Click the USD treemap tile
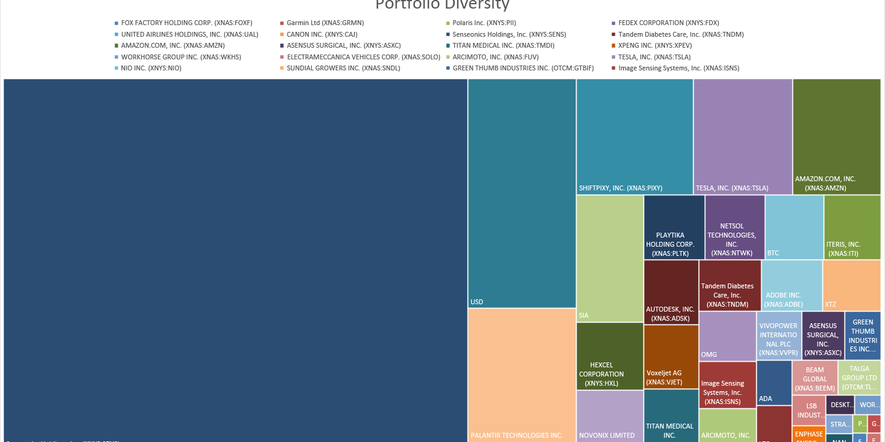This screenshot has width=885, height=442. click(522, 193)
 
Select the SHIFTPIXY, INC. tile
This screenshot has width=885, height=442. click(634, 137)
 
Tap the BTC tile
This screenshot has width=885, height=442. click(794, 227)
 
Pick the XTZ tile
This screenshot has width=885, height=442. click(851, 285)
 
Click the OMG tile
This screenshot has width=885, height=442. click(727, 336)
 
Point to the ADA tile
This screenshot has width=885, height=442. click(773, 383)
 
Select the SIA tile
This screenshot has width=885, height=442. click(609, 258)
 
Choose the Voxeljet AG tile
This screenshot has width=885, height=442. click(671, 357)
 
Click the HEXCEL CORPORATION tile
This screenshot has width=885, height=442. click(609, 356)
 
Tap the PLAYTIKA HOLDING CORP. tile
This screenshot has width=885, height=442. click(674, 227)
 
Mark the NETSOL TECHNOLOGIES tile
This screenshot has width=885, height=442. click(734, 227)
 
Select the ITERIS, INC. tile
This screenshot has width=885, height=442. click(852, 227)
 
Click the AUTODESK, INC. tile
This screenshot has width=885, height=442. click(670, 292)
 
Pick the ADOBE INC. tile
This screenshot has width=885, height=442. click(791, 285)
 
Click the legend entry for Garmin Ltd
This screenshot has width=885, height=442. click(325, 23)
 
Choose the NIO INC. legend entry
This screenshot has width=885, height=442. click(151, 68)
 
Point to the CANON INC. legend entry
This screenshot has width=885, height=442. click(322, 34)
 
